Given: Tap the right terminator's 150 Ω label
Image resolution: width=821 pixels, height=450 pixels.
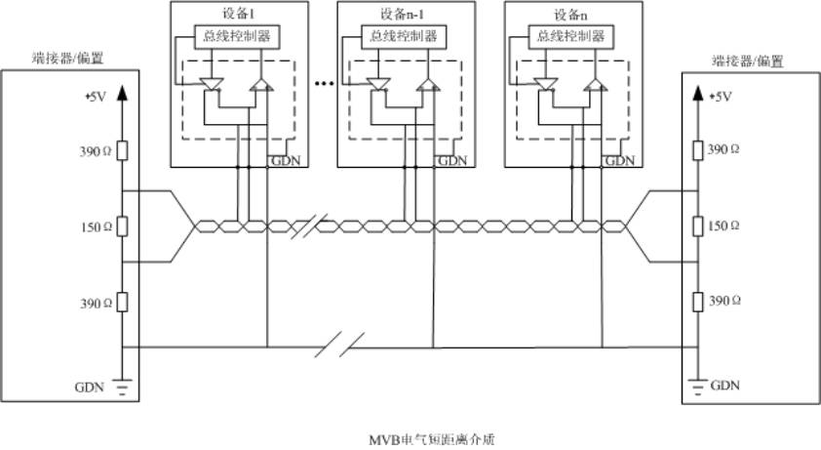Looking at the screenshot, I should point(723,225).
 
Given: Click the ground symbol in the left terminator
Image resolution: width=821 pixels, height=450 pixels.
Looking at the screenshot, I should point(122,389).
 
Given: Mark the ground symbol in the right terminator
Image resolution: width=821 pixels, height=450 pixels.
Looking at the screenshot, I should point(697,388).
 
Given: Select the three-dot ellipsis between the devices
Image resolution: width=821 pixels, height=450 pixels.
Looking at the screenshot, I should point(324,85).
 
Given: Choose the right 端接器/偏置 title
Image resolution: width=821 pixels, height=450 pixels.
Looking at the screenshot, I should point(748,60).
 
